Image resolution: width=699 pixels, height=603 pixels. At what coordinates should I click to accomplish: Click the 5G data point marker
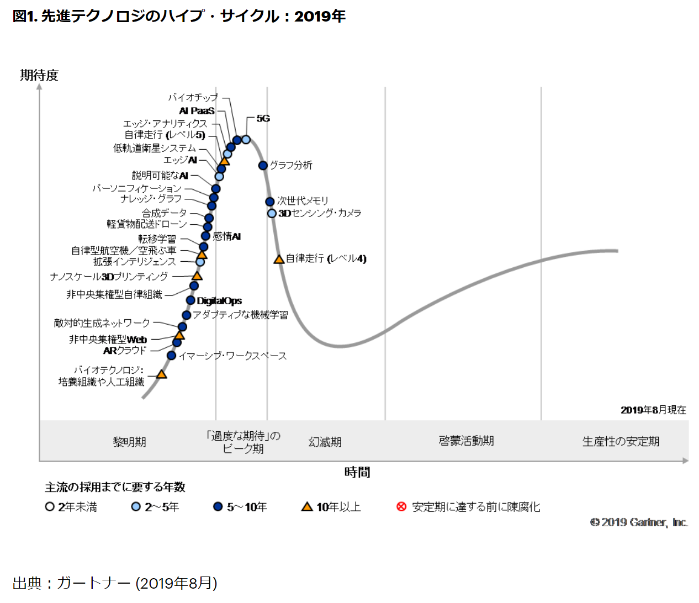pyautogui.click(x=246, y=140)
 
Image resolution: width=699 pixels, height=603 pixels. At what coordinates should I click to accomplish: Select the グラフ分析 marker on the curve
pyautogui.click(x=263, y=165)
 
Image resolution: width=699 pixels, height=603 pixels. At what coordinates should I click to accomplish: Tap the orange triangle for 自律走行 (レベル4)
pyautogui.click(x=279, y=259)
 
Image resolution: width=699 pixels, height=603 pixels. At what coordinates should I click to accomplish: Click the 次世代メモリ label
pyautogui.click(x=303, y=200)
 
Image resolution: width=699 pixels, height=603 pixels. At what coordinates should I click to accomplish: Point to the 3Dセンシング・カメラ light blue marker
pyautogui.click(x=272, y=213)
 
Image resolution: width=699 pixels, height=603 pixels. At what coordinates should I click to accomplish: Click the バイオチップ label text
pyautogui.click(x=193, y=97)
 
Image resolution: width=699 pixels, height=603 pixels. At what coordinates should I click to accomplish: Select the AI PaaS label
pyautogui.click(x=197, y=110)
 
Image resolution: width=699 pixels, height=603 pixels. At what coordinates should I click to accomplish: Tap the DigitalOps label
pyautogui.click(x=219, y=301)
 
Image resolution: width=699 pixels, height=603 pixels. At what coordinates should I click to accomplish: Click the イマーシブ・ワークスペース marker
pyautogui.click(x=172, y=356)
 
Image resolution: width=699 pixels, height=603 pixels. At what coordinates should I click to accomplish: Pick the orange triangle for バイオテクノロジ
pyautogui.click(x=161, y=374)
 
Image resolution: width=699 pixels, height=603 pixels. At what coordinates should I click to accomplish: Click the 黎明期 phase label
pyautogui.click(x=130, y=442)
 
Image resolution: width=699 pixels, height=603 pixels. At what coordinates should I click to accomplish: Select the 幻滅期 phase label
pyautogui.click(x=325, y=442)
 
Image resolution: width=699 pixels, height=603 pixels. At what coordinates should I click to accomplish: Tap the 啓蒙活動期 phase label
pyautogui.click(x=467, y=441)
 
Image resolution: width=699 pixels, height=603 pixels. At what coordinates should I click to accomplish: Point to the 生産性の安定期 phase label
pyautogui.click(x=621, y=441)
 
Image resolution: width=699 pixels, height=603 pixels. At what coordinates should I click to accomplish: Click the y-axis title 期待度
pyautogui.click(x=39, y=75)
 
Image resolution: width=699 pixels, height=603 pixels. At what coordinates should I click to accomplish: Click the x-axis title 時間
pyautogui.click(x=357, y=472)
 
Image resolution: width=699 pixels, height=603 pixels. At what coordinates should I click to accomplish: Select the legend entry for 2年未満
pyautogui.click(x=71, y=507)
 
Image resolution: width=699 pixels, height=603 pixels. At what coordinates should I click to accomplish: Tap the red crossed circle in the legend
pyautogui.click(x=401, y=506)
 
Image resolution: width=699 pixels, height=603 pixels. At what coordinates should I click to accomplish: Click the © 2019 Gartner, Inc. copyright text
pyautogui.click(x=639, y=522)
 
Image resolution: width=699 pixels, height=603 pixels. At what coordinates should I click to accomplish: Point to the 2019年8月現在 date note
pyautogui.click(x=653, y=410)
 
